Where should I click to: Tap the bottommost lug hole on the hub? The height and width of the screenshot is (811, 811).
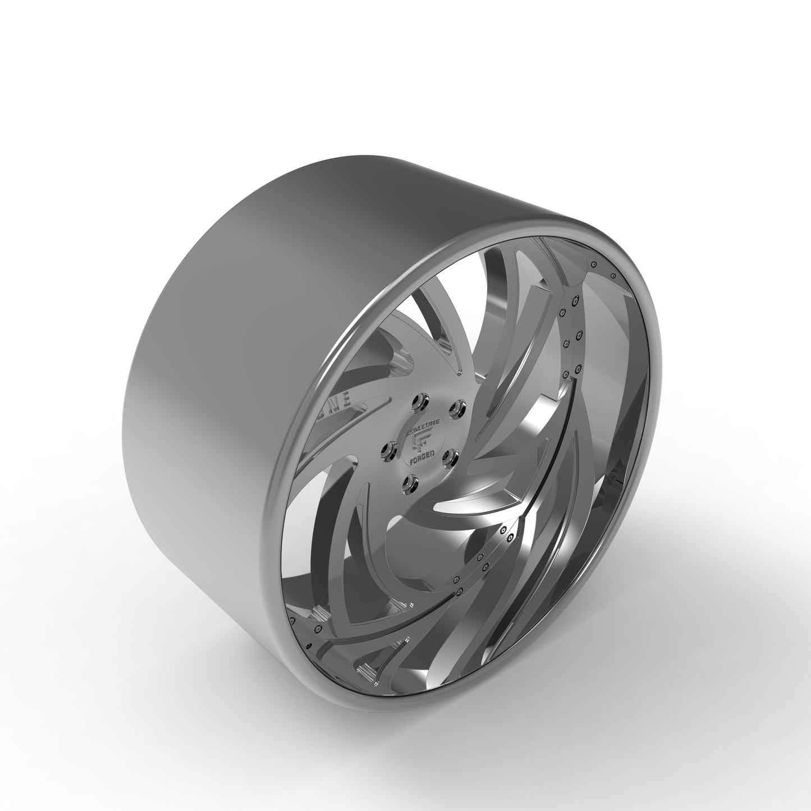(x=413, y=480)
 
